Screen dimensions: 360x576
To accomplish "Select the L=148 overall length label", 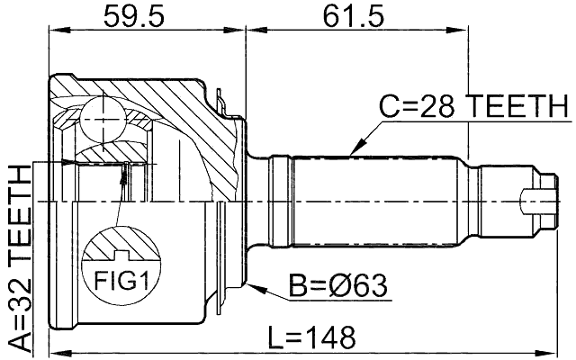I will (x=312, y=338).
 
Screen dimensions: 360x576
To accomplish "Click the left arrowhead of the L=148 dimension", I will (x=54, y=351).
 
